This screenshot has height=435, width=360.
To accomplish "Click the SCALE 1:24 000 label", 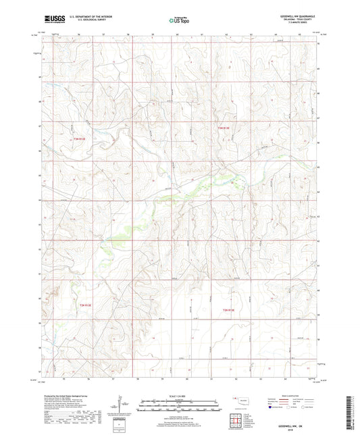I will (x=180, y=396).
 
